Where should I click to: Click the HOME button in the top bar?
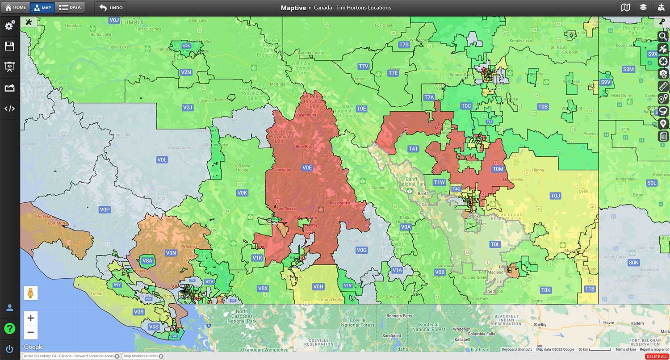point(16,8)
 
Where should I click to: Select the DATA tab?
point(70,8)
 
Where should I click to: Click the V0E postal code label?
point(307,167)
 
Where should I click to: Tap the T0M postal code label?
point(498,169)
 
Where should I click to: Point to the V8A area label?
point(147,261)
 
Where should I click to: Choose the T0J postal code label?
point(555,196)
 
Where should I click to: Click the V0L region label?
point(162,159)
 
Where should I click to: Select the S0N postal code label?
point(633,263)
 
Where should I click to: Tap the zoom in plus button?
point(30,318)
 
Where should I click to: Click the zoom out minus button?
point(30,332)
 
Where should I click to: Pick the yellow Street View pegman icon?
point(31,293)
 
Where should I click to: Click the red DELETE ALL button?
point(657,356)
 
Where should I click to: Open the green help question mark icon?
point(9,329)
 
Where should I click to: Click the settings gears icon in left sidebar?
point(9,25)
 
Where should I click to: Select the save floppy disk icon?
point(9,46)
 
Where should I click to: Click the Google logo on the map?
point(33,347)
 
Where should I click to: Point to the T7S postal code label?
point(404,45)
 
